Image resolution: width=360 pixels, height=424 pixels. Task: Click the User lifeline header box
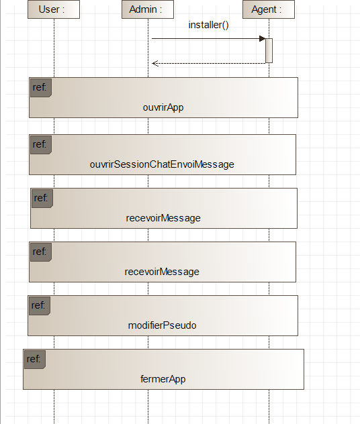pyautogui.click(x=54, y=9)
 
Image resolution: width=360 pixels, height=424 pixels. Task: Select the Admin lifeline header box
pyautogui.click(x=148, y=9)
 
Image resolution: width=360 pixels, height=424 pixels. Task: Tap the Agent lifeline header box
pyautogui.click(x=269, y=9)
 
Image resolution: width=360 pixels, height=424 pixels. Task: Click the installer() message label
pyautogui.click(x=208, y=25)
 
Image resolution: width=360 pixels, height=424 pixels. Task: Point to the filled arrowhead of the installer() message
pyautogui.click(x=263, y=39)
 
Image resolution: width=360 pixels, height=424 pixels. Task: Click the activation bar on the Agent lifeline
pyautogui.click(x=269, y=50)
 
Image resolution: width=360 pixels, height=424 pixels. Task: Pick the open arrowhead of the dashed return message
pyautogui.click(x=155, y=63)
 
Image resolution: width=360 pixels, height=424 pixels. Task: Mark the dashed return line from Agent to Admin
pyautogui.click(x=209, y=63)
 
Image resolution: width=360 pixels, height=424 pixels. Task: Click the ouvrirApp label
pyautogui.click(x=163, y=107)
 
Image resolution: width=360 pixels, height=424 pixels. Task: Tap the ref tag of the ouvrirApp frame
pyautogui.click(x=41, y=88)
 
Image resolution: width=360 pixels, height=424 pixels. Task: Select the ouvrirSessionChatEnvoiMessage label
pyautogui.click(x=162, y=164)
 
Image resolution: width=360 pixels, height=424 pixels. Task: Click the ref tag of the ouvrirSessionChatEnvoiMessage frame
pyautogui.click(x=41, y=145)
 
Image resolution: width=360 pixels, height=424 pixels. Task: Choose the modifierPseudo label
pyautogui.click(x=162, y=325)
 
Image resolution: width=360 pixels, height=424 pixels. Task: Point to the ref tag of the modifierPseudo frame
pyautogui.click(x=40, y=306)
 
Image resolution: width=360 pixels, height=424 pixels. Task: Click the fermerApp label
pyautogui.click(x=163, y=379)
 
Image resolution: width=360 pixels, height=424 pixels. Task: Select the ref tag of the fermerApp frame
pyautogui.click(x=35, y=360)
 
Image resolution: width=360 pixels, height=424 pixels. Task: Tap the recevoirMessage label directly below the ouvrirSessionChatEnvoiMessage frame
pyautogui.click(x=163, y=218)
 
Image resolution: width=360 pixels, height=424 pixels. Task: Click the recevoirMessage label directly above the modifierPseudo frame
pyautogui.click(x=162, y=272)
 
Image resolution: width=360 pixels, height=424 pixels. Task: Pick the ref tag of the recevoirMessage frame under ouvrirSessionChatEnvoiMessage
pyautogui.click(x=42, y=199)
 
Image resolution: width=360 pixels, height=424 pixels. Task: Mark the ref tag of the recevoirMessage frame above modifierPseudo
pyautogui.click(x=41, y=252)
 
